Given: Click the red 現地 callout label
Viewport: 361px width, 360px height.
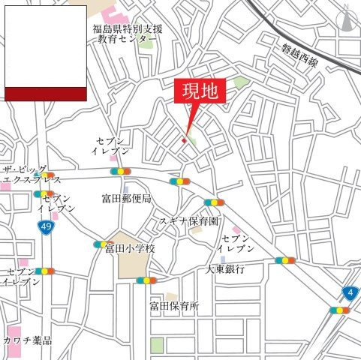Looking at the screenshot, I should [199, 91].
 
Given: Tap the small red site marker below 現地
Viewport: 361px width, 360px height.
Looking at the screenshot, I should [184, 140].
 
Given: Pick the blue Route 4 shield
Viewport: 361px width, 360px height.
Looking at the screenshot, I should [349, 291].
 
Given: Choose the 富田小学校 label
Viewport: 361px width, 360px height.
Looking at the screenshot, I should [129, 247].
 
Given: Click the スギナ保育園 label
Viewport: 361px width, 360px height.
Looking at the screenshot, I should [188, 221].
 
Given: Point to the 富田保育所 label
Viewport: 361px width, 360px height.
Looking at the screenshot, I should [173, 306].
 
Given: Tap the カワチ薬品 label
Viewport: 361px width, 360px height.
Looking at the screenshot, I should [27, 340].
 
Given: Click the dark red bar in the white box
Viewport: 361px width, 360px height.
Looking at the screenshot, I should [46, 93].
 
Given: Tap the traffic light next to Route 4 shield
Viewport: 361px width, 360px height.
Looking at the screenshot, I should [339, 310].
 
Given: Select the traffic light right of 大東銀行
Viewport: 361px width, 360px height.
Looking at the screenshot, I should [285, 260].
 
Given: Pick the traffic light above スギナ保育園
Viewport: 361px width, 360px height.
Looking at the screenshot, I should [214, 202].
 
